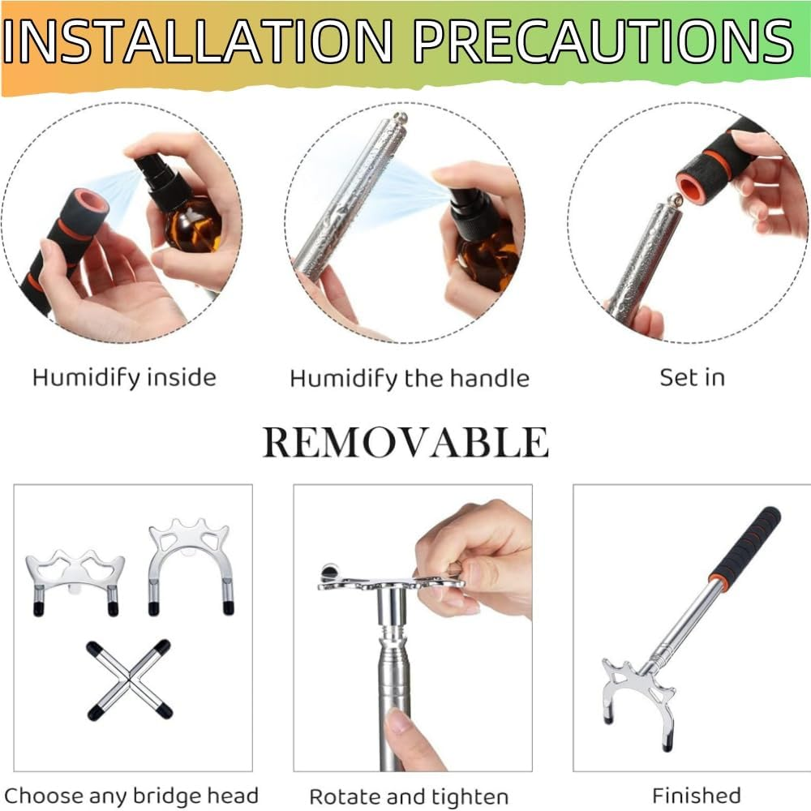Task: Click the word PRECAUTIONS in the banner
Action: (x=603, y=41)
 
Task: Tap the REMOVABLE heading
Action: (x=405, y=443)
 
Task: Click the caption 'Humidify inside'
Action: (x=124, y=378)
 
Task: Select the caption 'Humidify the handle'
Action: (x=410, y=379)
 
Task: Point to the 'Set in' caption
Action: (x=692, y=378)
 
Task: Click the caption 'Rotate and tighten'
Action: (x=409, y=797)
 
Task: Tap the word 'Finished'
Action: (x=696, y=795)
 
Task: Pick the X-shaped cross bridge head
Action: (x=129, y=680)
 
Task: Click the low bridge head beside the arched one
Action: (x=75, y=581)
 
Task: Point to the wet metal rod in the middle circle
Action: (x=350, y=196)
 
